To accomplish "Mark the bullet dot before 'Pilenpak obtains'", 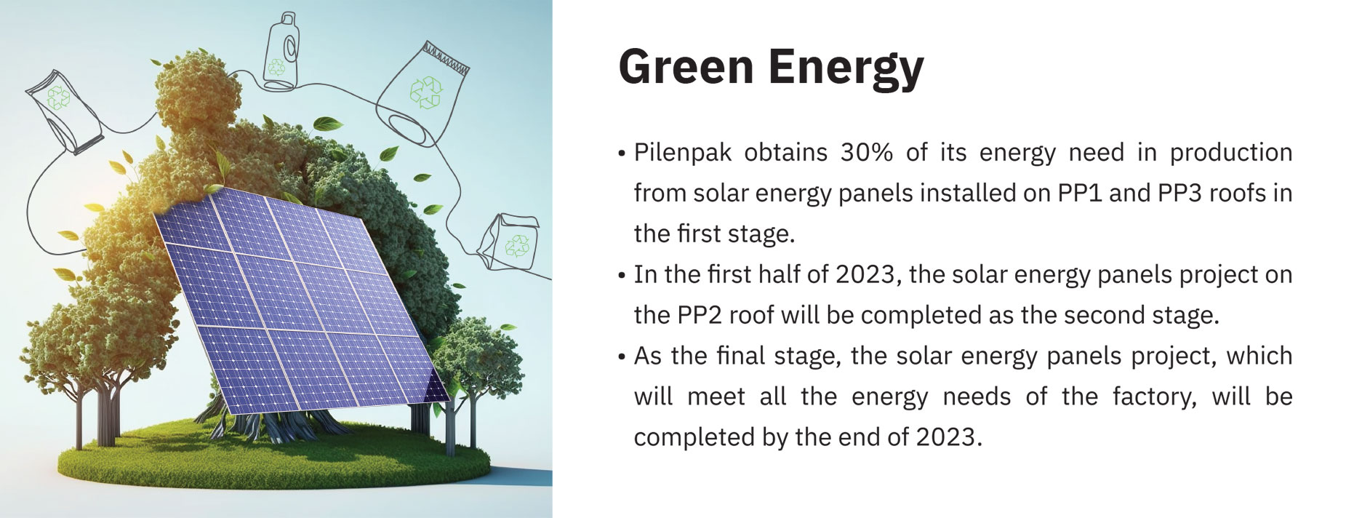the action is pos(622,154).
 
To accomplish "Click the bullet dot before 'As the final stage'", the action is pos(622,357).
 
